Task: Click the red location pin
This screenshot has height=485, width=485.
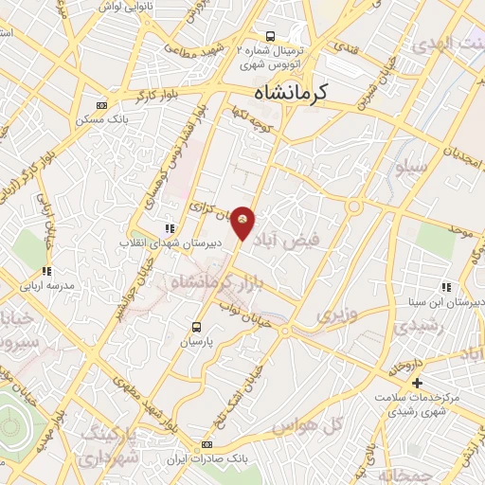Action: [243, 222]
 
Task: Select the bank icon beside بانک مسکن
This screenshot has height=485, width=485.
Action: [102, 105]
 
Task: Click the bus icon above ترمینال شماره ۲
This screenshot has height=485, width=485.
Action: [270, 33]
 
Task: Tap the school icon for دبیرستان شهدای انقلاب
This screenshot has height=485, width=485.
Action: [170, 228]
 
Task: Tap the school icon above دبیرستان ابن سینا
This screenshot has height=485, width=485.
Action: [445, 287]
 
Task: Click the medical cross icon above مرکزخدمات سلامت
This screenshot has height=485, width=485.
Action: [418, 382]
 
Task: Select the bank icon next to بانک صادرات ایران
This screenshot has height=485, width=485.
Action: [207, 445]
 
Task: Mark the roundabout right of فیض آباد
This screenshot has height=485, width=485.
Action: [355, 207]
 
